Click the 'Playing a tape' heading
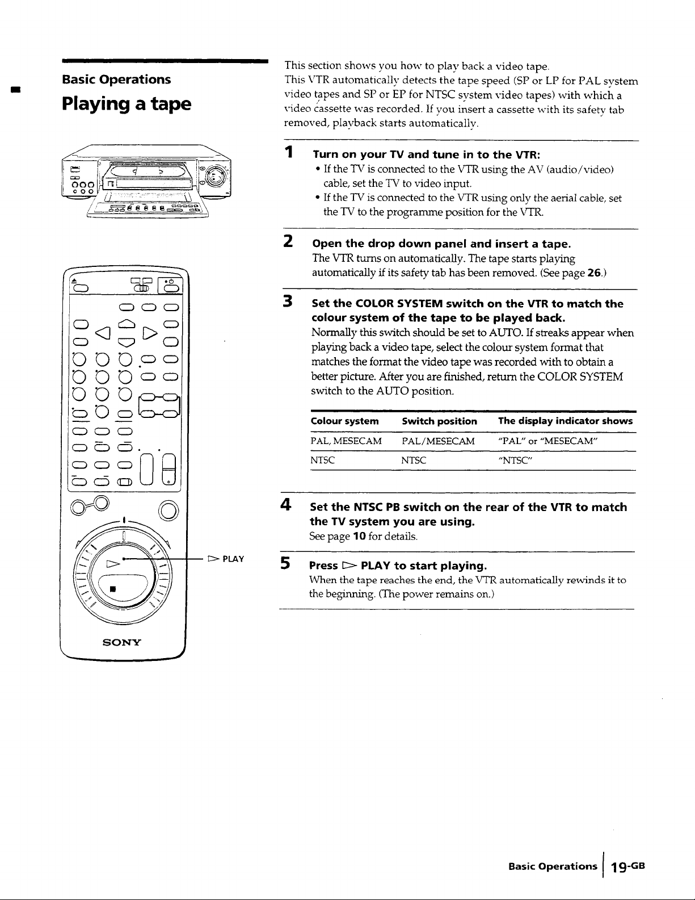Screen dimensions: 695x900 coord(127,104)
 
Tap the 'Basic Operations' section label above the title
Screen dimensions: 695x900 coord(116,79)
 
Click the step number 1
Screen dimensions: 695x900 coord(289,152)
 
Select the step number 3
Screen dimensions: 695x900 coord(288,301)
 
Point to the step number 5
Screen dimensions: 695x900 coord(285,563)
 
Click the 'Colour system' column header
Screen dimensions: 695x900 coord(344,421)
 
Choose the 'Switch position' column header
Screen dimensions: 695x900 coord(439,421)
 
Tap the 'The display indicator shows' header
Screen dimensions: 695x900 coord(566,421)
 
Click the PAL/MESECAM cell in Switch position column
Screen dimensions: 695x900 coord(438,441)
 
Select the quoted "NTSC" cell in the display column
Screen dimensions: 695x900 coord(516,460)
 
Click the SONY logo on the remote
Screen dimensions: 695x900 coord(122,642)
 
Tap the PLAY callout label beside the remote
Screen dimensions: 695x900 coord(226,559)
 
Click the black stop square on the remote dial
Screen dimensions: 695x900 coord(113,589)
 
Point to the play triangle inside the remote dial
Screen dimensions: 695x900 coord(113,564)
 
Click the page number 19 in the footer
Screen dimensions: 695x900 coord(620,867)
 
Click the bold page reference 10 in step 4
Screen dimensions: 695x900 coord(359,537)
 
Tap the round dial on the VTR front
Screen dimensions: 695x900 coord(216,176)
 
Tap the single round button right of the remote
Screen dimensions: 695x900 coord(169,511)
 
